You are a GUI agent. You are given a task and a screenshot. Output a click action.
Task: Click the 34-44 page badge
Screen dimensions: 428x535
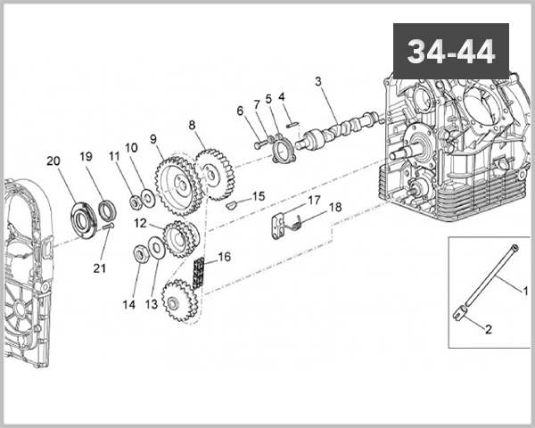(451, 51)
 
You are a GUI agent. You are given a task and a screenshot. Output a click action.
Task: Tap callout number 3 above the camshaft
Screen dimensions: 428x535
(317, 82)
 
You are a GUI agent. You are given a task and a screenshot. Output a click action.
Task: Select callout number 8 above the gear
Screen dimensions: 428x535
(191, 125)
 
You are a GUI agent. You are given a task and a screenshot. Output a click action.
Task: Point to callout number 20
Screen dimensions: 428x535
(53, 161)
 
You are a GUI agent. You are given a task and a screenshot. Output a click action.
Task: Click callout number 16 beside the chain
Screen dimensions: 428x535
(224, 257)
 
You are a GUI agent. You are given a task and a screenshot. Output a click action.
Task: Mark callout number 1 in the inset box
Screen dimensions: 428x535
(525, 290)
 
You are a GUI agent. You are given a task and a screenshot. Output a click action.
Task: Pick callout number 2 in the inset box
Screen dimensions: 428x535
(489, 328)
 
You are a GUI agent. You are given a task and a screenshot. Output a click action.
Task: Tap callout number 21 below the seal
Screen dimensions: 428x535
(99, 267)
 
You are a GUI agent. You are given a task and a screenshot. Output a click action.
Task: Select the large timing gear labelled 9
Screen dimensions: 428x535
(176, 185)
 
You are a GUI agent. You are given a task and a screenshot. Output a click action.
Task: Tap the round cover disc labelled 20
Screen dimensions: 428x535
(84, 218)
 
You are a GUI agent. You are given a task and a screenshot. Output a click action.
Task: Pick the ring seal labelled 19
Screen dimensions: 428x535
(107, 210)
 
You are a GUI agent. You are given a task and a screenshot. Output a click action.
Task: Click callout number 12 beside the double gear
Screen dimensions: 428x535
(140, 222)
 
